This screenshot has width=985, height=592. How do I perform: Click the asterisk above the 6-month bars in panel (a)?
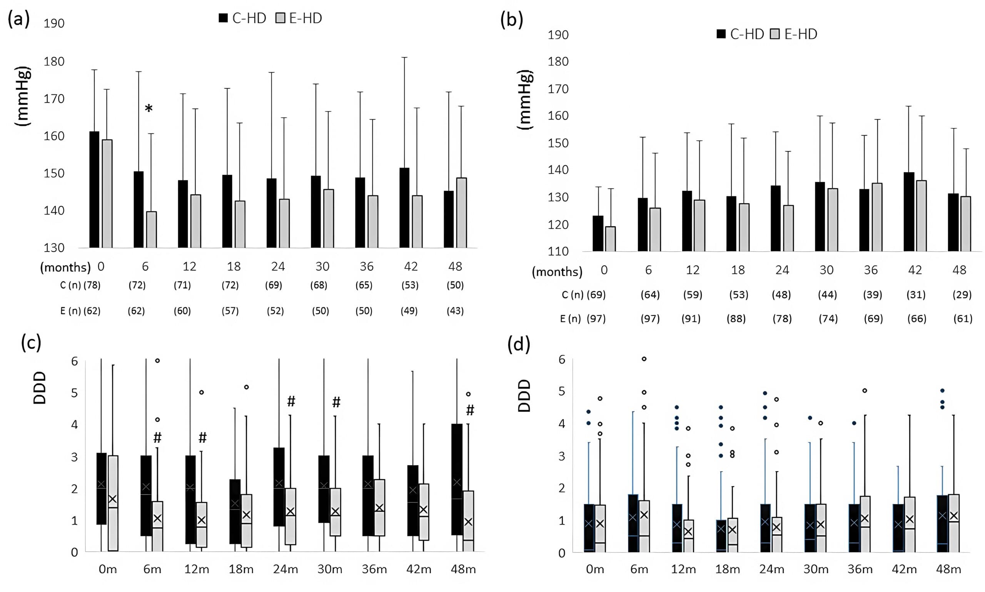coord(149,108)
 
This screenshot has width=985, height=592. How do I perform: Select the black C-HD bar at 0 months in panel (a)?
coord(94,190)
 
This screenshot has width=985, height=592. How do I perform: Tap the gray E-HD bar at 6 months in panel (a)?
coord(151,230)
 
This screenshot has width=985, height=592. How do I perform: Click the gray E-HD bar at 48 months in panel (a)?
coord(461,213)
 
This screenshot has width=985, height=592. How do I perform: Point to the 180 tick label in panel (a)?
coord(54,62)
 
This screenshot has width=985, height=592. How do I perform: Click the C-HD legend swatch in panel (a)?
coord(223,18)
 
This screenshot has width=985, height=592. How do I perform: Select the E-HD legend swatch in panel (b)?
coord(775,34)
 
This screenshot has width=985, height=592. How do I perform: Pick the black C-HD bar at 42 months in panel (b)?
coord(909,212)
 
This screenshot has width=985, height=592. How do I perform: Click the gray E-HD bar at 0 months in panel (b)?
coord(610,239)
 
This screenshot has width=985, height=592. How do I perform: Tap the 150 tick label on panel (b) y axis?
coord(558,143)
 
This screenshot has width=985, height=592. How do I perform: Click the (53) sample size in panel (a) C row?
coord(410,285)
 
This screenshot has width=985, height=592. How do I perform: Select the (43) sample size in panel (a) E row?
coord(455,311)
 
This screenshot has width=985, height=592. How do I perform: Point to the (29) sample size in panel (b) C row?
coord(962,295)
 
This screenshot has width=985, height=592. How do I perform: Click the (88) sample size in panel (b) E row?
coord(736,319)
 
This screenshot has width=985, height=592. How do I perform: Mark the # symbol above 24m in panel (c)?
coord(291,401)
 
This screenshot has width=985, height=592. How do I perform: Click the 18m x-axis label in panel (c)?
coord(241,569)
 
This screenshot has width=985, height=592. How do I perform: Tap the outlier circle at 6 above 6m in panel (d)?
coord(644,359)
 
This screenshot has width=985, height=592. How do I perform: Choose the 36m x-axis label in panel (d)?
coord(860,569)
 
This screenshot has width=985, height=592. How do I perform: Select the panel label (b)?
coord(511,20)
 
